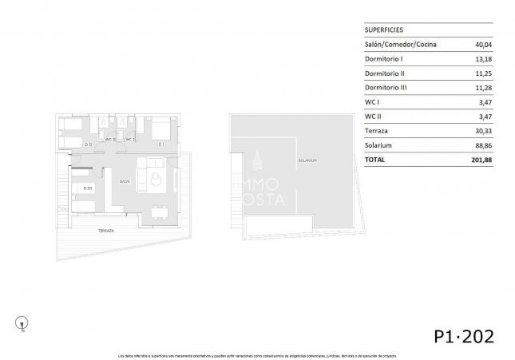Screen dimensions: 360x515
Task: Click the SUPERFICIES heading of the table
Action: coord(382,29)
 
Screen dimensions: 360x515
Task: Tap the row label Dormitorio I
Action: coord(384,58)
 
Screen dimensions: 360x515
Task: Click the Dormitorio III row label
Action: coord(386,87)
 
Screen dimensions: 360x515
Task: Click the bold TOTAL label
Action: coord(374,160)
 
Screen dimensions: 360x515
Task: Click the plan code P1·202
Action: coord(464,335)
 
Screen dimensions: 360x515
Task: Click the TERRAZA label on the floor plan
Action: coord(105,230)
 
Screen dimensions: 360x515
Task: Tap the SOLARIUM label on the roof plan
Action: coord(307,160)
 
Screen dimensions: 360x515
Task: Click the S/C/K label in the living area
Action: coord(125,182)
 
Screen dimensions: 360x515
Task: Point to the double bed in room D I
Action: coord(162,128)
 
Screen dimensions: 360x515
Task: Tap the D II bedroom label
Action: coord(89,144)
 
